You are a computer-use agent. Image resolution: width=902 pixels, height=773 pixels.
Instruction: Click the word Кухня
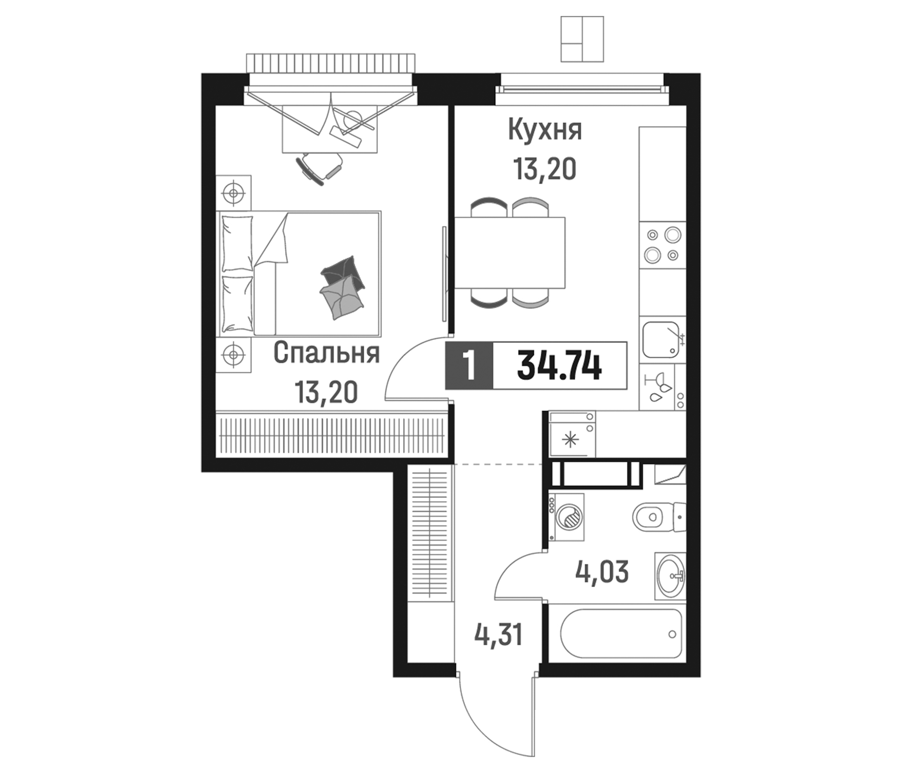[x=545, y=130]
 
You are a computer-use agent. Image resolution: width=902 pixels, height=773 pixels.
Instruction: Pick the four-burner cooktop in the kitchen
[x=662, y=245]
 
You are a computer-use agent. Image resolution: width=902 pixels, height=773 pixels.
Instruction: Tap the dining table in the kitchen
[x=510, y=253]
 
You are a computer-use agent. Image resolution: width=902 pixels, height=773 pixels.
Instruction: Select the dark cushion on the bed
[x=343, y=273]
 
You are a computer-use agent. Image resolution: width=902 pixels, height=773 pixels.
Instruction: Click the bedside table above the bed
[x=234, y=192]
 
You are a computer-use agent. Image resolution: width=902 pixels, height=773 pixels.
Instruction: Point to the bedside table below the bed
[x=234, y=355]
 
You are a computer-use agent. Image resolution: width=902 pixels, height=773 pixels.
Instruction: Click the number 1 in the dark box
[x=469, y=366]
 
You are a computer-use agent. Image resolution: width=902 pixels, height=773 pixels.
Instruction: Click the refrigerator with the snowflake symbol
[x=571, y=440]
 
